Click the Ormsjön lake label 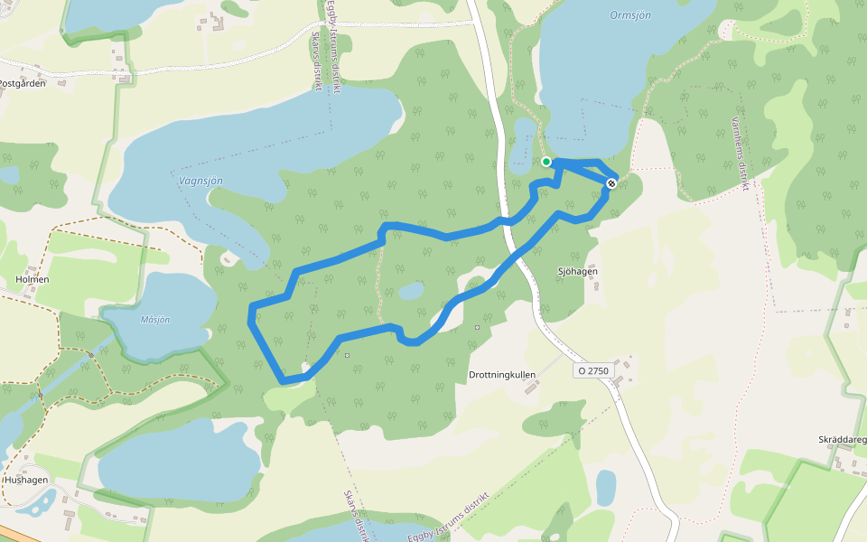tap(630, 15)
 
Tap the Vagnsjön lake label tap(200, 181)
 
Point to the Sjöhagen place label tap(578, 271)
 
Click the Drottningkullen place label tap(502, 374)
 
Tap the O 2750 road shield tap(592, 370)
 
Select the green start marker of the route tap(546, 162)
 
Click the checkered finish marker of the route tap(611, 184)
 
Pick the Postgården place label tap(22, 83)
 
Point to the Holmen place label tap(33, 280)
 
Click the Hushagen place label tap(26, 480)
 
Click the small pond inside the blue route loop tap(410, 291)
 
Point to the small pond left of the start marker tap(522, 146)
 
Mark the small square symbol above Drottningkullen tap(477, 327)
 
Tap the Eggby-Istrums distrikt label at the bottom tap(448, 520)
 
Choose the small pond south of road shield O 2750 tap(605, 488)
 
